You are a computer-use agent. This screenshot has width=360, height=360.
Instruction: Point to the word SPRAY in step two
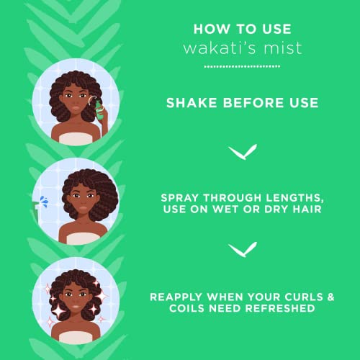tap(180, 198)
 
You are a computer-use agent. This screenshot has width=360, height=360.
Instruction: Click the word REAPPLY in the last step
tap(176, 297)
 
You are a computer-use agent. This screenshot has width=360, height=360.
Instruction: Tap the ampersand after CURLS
tap(330, 297)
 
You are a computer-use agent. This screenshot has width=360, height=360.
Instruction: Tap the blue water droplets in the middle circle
tap(44, 201)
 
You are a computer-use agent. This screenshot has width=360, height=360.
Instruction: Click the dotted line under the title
tap(242, 66)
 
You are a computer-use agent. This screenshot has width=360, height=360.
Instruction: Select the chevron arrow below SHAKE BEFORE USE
tap(243, 152)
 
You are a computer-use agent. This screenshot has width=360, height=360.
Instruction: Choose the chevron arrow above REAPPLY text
tap(243, 250)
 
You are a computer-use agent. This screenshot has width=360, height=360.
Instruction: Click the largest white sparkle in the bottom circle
tap(58, 311)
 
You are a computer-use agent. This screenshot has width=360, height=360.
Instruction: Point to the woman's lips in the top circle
tap(76, 108)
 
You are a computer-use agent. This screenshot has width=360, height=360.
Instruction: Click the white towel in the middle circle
tap(83, 238)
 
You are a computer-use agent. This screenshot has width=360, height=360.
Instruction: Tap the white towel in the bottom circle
tap(76, 338)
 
